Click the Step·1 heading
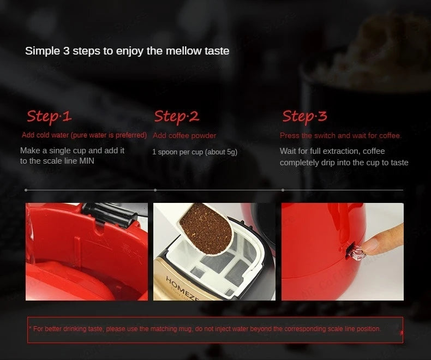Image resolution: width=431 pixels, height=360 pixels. (49, 116)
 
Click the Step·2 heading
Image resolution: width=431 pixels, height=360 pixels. (176, 116)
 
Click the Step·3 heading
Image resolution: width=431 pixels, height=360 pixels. (304, 116)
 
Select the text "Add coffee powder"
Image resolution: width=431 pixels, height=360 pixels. (184, 135)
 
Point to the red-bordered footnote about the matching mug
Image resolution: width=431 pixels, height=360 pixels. (215, 329)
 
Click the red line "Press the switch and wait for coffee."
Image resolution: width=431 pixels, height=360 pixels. (340, 135)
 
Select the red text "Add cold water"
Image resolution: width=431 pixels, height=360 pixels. (45, 135)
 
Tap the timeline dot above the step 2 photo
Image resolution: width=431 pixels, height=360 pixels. (155, 190)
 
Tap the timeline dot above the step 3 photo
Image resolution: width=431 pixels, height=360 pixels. (283, 190)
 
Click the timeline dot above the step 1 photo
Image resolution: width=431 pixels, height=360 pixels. (26, 190)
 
